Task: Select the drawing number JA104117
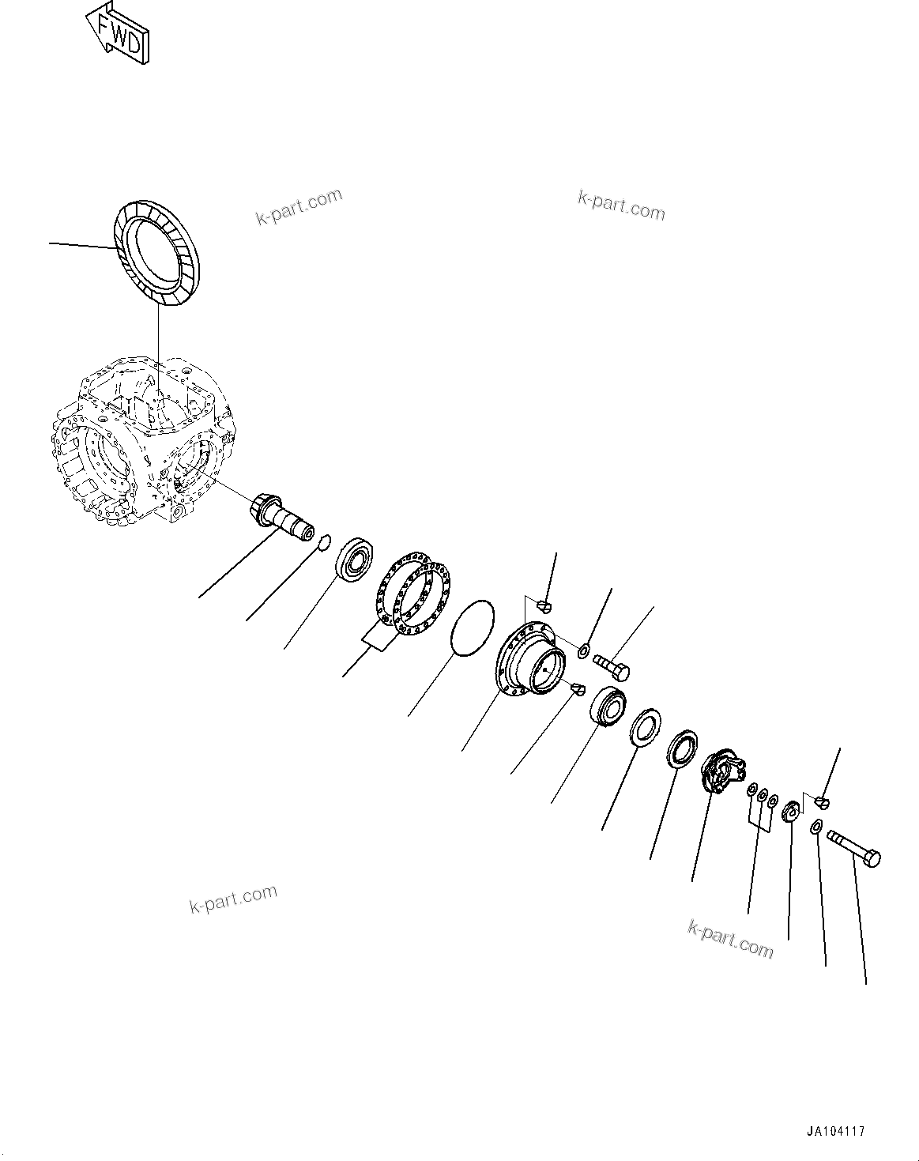[x=835, y=1131]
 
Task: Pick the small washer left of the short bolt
[x=583, y=650]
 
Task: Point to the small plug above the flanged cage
[x=543, y=605]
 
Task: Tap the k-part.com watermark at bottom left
[x=233, y=899]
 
